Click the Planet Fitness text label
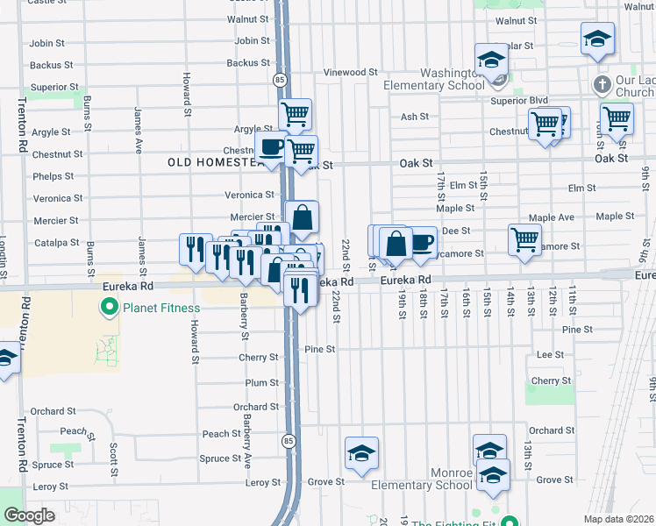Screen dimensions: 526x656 161,308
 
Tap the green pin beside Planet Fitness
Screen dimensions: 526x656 110,308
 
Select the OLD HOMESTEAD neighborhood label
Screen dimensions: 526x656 216,162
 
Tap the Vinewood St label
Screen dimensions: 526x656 350,73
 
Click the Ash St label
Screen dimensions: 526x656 414,117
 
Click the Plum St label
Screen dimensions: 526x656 261,383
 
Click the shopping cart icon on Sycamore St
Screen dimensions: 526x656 524,238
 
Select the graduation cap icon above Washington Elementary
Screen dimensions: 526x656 491,60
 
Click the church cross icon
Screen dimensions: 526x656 602,85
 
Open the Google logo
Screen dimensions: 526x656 29,515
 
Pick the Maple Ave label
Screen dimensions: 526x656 551,217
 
